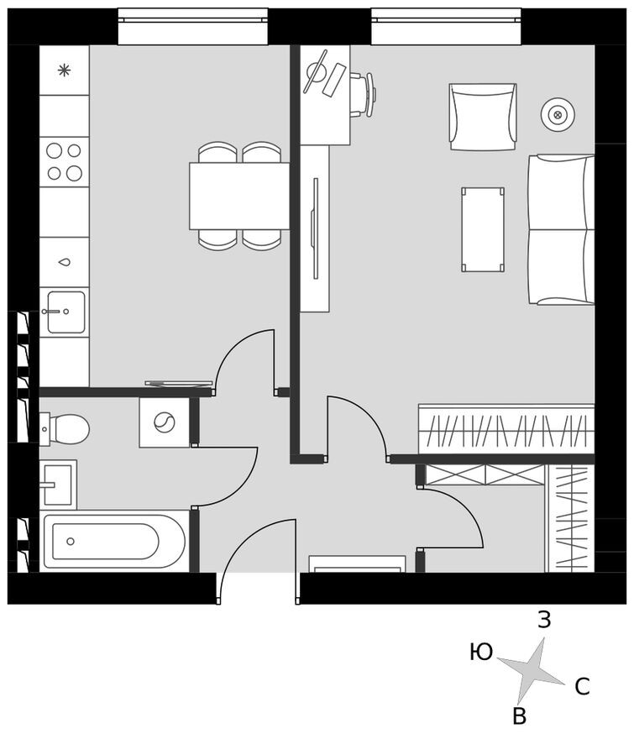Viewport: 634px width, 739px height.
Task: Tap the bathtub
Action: pos(113,540)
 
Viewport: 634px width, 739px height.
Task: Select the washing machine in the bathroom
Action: pos(165,422)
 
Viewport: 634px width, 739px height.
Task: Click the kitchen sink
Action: pos(65,312)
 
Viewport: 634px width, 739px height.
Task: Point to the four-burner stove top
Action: pos(65,162)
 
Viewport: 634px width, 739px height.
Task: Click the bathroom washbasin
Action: pos(57,485)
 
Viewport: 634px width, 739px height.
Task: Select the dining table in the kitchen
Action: pos(239,196)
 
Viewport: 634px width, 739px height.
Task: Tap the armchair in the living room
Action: pos(482,116)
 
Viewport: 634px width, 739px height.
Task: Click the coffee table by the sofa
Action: pos(483,228)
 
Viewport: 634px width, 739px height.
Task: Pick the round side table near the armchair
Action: pos(557,114)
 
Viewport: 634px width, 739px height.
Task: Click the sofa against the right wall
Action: pos(560,228)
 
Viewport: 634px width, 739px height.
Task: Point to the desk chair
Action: pos(362,94)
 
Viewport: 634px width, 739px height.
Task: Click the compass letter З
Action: pos(544,621)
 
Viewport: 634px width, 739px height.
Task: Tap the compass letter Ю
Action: pos(481,652)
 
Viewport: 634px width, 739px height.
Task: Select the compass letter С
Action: pos(582,687)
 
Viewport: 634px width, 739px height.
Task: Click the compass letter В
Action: pos(519,716)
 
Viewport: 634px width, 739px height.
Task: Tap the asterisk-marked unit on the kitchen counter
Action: pos(64,71)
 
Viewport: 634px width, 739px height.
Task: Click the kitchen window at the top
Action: pos(192,26)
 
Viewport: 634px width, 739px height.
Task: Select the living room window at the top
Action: pos(446,26)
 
